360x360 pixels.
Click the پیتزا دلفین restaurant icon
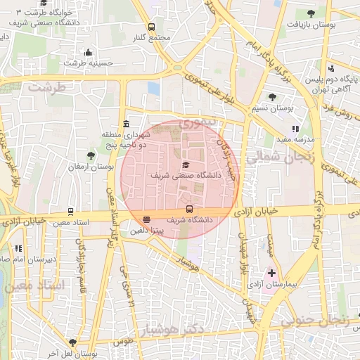146,219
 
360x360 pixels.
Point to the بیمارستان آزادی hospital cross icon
271,273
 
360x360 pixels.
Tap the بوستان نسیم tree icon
272,98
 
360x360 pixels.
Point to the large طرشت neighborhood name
46,87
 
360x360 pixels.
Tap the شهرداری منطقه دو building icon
125,124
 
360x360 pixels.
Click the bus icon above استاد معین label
70,212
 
